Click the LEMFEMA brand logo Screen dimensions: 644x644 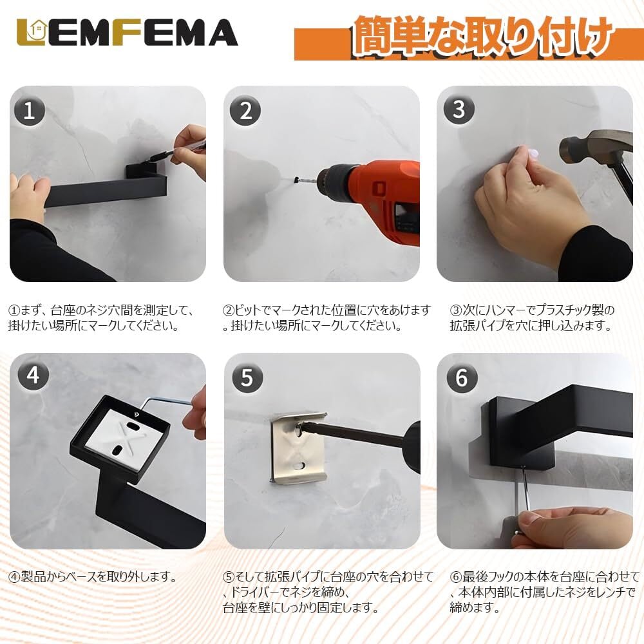[x=127, y=32]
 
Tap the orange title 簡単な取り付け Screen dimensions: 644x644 [x=481, y=36]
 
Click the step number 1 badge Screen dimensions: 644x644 [x=29, y=111]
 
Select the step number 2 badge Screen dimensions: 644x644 [x=245, y=111]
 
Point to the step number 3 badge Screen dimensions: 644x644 [x=459, y=109]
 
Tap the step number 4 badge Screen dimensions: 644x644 [x=33, y=375]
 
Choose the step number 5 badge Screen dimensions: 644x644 [x=247, y=377]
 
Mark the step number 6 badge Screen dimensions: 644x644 [x=462, y=377]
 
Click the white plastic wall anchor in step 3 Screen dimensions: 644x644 [x=533, y=154]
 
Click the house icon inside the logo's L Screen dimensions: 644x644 [x=37, y=30]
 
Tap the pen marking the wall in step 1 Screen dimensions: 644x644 [x=175, y=151]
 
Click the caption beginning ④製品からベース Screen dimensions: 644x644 [x=93, y=576]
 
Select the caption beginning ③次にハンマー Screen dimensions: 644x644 [x=532, y=317]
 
